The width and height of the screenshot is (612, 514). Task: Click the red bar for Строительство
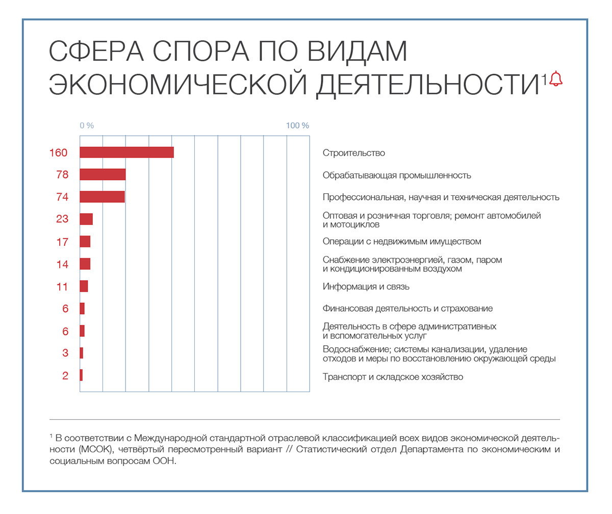pos(126,152)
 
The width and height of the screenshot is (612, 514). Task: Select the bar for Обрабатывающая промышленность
pos(103,174)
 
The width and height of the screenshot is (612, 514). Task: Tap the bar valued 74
pos(102,197)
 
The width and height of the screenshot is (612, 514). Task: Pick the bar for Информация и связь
pos(84,286)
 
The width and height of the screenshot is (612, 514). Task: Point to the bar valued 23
pos(86,219)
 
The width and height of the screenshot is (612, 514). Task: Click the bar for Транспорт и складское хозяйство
pos(81,375)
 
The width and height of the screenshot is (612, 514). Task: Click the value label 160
pos(58,153)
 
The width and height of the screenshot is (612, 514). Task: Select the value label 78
pos(62,175)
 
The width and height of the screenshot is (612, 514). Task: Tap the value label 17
pos(62,242)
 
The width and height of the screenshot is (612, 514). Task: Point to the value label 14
pos(62,264)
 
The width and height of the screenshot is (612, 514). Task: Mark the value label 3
pos(65,353)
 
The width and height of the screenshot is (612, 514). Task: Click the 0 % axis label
pos(87,125)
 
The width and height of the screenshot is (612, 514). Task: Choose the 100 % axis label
pos(297,125)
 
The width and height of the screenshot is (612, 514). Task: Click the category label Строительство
pos(353,153)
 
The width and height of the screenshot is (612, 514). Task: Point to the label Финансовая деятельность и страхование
pos(407,309)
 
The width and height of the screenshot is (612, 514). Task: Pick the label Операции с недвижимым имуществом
pos(402,241)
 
